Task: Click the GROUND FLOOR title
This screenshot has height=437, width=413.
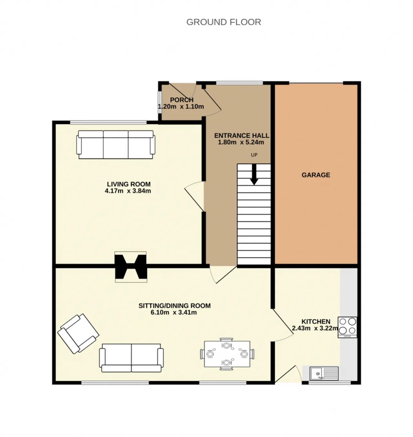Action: coord(224,22)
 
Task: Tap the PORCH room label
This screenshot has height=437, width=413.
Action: coord(182,100)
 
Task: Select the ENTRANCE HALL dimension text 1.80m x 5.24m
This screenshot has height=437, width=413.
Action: coord(241,142)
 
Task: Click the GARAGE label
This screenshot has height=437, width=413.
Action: coord(316,175)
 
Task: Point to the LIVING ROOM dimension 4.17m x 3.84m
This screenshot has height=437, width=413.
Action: coord(128,191)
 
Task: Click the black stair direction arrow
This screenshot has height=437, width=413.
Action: coord(254,174)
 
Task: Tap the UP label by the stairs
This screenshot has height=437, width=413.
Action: coord(254,155)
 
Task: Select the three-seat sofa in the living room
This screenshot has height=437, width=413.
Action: coord(116,144)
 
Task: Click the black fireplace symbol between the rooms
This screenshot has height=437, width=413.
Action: coord(131,267)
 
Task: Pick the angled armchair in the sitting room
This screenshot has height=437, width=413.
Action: coord(78,334)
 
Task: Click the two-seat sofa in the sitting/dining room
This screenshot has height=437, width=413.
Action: coord(131,358)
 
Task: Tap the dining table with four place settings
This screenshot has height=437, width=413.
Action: coord(227,354)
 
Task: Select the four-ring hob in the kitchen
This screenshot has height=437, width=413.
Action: coord(348,327)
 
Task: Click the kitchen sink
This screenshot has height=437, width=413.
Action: coord(324,373)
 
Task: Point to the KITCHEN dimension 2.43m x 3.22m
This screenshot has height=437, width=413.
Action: coord(315,328)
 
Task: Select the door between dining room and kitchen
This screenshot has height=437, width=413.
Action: coord(283,325)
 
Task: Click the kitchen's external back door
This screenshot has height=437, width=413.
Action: coord(288,374)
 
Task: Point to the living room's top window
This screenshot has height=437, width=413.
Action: coord(108,122)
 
